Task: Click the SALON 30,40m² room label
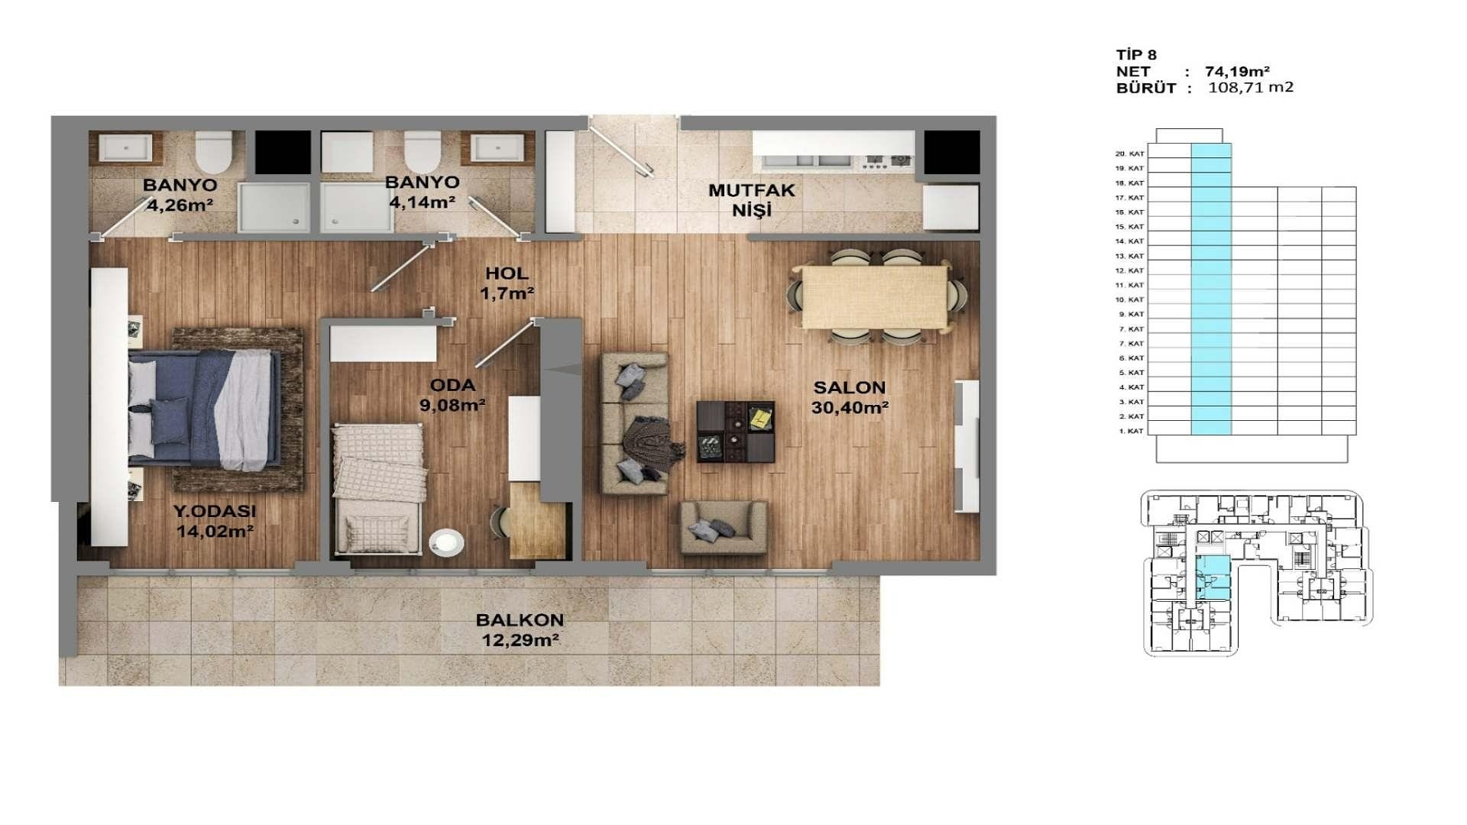tap(849, 397)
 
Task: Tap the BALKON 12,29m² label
tap(520, 630)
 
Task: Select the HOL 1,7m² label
tap(507, 283)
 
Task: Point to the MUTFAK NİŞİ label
tap(751, 200)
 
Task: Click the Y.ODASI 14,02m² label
tap(215, 521)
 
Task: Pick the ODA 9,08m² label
tap(452, 395)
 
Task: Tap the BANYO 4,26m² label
tap(180, 195)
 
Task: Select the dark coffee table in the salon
tap(735, 432)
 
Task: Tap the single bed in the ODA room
tap(378, 487)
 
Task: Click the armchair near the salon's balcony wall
tap(723, 527)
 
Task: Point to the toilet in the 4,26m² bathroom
tap(213, 152)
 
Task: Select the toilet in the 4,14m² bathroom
tap(422, 152)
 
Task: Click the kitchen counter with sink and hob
tap(833, 151)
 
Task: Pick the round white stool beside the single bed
tap(446, 542)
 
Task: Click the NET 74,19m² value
tap(1237, 71)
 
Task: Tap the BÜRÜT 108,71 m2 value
tap(1250, 87)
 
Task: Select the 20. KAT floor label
tap(1129, 154)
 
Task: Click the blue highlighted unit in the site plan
tap(1213, 577)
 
